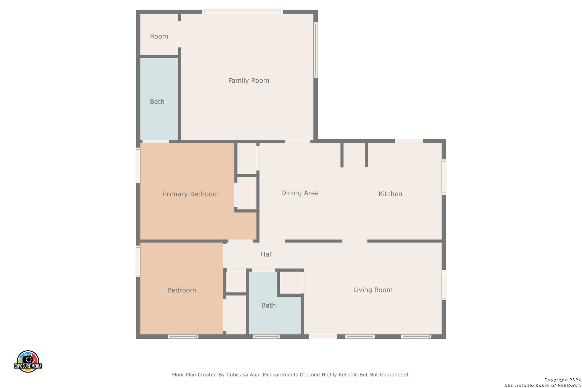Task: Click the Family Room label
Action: coord(249,80)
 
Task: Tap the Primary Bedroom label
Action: coord(191,194)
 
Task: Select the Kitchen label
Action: coord(390,194)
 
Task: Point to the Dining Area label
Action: coord(300,193)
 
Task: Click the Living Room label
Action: coord(373,290)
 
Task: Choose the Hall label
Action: coord(267,254)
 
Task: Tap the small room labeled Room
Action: coord(159,36)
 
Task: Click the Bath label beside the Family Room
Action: coord(157,102)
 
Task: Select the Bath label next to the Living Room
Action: coord(268,305)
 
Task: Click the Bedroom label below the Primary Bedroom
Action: coord(181,290)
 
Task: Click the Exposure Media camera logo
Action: coord(28,361)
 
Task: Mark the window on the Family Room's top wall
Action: coord(242,12)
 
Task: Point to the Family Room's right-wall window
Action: coord(315,50)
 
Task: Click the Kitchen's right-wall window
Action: coord(444,177)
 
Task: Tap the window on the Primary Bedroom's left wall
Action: coord(138,165)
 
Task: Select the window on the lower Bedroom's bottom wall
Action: coord(183,337)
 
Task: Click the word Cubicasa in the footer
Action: coord(237,375)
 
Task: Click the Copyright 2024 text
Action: coord(562,379)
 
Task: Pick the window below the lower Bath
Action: coord(266,337)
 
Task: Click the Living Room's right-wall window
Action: coord(444,285)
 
